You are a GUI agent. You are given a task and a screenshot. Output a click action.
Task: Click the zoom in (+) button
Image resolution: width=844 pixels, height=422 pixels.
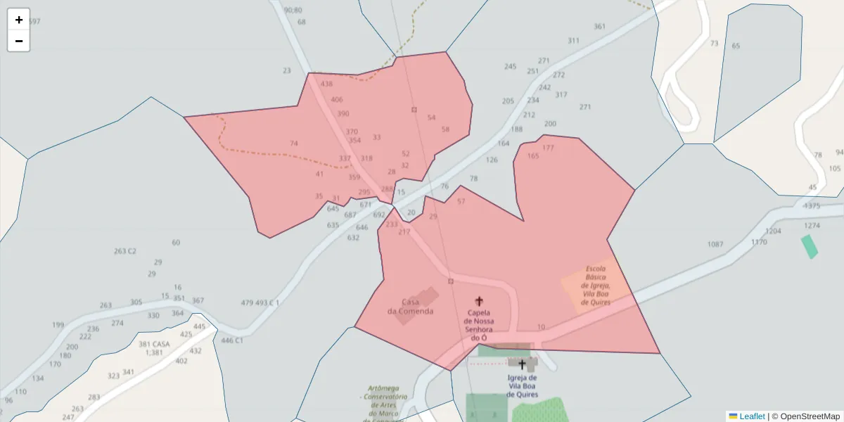point(19,20)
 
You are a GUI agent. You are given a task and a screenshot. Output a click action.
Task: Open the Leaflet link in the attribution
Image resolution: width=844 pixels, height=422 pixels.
point(752,416)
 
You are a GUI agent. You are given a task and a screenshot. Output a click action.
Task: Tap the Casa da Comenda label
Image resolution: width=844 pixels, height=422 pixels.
point(410,307)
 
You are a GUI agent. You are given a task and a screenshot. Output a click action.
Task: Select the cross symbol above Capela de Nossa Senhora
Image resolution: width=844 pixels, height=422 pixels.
point(479,301)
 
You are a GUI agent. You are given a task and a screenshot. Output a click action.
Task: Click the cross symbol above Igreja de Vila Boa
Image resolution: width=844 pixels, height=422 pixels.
point(522,364)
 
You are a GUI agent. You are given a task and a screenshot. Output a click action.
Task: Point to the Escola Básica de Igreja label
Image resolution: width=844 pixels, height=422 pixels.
point(596,286)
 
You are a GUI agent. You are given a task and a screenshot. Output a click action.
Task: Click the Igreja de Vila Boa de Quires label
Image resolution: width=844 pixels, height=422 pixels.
point(522,386)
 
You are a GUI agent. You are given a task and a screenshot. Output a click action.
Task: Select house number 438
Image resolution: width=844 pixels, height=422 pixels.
point(326,84)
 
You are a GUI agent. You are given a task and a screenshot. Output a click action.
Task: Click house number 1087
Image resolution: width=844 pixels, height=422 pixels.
point(715,244)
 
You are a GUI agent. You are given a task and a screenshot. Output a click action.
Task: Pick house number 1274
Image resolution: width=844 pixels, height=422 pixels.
point(812,226)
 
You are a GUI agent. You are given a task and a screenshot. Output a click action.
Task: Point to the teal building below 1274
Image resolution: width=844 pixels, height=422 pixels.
point(810,246)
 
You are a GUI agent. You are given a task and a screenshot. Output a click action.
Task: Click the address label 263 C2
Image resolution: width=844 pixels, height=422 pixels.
point(124,251)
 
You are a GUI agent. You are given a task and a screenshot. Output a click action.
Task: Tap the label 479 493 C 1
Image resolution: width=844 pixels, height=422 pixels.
point(260,303)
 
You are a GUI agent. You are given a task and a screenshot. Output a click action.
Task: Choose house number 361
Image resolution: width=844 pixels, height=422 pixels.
point(599,27)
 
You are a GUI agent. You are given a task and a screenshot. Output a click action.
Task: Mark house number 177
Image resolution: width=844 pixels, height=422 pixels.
point(548,148)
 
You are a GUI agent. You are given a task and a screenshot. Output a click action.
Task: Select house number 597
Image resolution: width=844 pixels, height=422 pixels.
point(34,22)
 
